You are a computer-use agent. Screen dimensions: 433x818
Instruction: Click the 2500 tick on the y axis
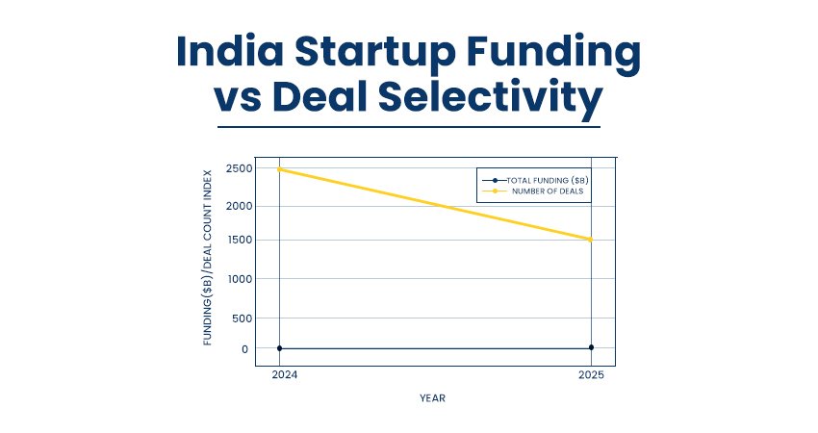point(240,169)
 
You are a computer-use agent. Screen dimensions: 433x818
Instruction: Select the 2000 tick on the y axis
point(240,206)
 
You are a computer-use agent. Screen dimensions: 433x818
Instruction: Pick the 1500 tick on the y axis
point(240,241)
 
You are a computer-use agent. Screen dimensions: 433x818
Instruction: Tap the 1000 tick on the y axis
point(240,279)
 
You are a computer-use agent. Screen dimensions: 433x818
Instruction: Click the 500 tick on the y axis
point(243,318)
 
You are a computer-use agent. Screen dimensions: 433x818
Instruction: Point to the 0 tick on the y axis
point(245,349)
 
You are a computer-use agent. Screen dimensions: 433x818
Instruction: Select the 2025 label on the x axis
point(592,375)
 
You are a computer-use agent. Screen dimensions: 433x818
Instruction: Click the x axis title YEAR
point(432,398)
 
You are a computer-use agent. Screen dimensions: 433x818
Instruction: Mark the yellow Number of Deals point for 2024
point(279,169)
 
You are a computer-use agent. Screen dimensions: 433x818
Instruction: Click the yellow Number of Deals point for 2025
point(591,240)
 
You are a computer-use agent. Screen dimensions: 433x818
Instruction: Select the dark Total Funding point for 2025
point(591,347)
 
